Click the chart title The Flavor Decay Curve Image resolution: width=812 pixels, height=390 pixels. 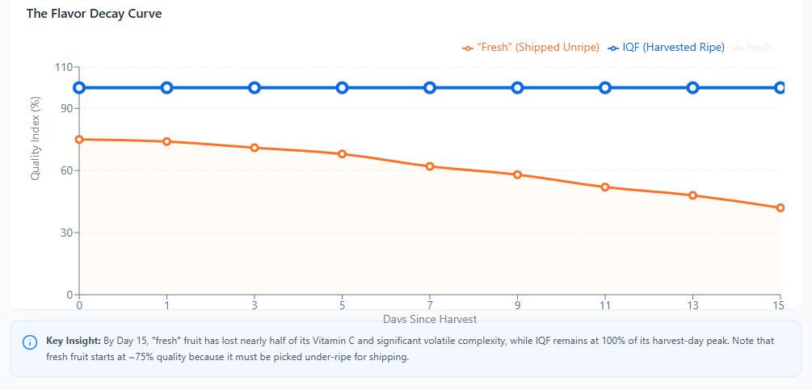[94, 14]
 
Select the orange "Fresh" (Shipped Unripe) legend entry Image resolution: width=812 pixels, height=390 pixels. [531, 48]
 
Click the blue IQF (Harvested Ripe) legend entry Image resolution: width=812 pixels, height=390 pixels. [667, 48]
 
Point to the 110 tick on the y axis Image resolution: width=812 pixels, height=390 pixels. [62, 68]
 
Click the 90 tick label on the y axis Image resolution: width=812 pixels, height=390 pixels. [65, 108]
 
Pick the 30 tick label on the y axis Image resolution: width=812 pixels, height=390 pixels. [65, 233]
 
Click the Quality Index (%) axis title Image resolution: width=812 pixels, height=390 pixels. [36, 139]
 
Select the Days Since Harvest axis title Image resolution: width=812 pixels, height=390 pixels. [430, 320]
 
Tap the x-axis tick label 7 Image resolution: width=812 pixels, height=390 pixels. [430, 306]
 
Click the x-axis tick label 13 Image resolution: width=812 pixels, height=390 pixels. [692, 306]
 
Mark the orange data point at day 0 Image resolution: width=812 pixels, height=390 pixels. [79, 140]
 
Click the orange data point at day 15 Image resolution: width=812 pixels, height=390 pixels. [780, 208]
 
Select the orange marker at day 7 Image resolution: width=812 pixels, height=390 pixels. [430, 166]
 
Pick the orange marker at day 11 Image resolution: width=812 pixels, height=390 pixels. [605, 187]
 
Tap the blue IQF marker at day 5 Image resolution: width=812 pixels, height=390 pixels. [342, 88]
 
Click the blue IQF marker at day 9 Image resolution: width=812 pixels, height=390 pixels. [517, 88]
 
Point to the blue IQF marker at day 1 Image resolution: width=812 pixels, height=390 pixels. [166, 88]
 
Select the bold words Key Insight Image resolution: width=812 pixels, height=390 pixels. [73, 342]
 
